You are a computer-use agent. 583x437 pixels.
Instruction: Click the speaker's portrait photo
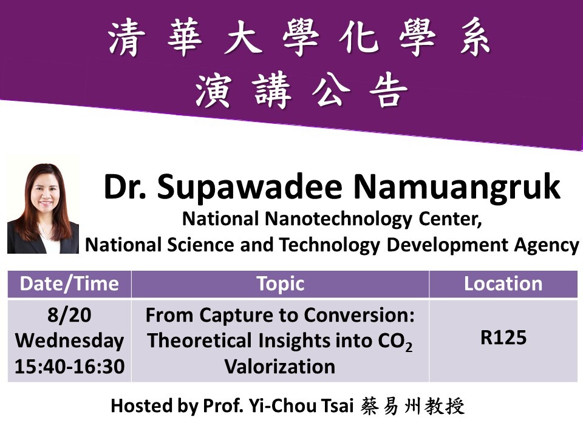pos(43,208)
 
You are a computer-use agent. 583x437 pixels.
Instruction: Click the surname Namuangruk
pos(457,188)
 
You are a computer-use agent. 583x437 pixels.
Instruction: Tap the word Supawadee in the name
pos(249,188)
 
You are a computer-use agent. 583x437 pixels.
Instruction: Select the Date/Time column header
pos(69,284)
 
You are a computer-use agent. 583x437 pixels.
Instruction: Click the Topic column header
pos(281,284)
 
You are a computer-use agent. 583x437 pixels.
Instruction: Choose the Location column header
pos(503,284)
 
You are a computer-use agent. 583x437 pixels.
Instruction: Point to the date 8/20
pos(69,315)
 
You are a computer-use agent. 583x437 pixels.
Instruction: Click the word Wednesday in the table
pos(69,340)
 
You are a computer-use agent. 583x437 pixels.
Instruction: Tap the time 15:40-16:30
pos(69,367)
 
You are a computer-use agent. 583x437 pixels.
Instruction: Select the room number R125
pos(503,337)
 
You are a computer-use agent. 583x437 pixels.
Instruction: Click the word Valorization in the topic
pos(280,367)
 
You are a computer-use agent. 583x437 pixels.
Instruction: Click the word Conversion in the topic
pos(359,315)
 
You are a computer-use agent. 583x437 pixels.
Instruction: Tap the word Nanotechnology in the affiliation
pos(339,219)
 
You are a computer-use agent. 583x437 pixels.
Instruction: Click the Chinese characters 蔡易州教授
pos(412,406)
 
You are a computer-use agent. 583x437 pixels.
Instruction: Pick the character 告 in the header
pos(388,90)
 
